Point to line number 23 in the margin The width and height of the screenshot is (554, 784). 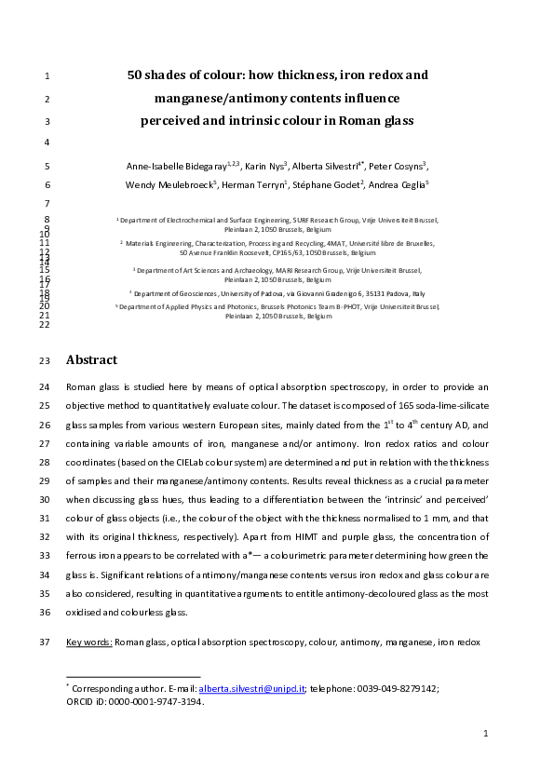point(47,361)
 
